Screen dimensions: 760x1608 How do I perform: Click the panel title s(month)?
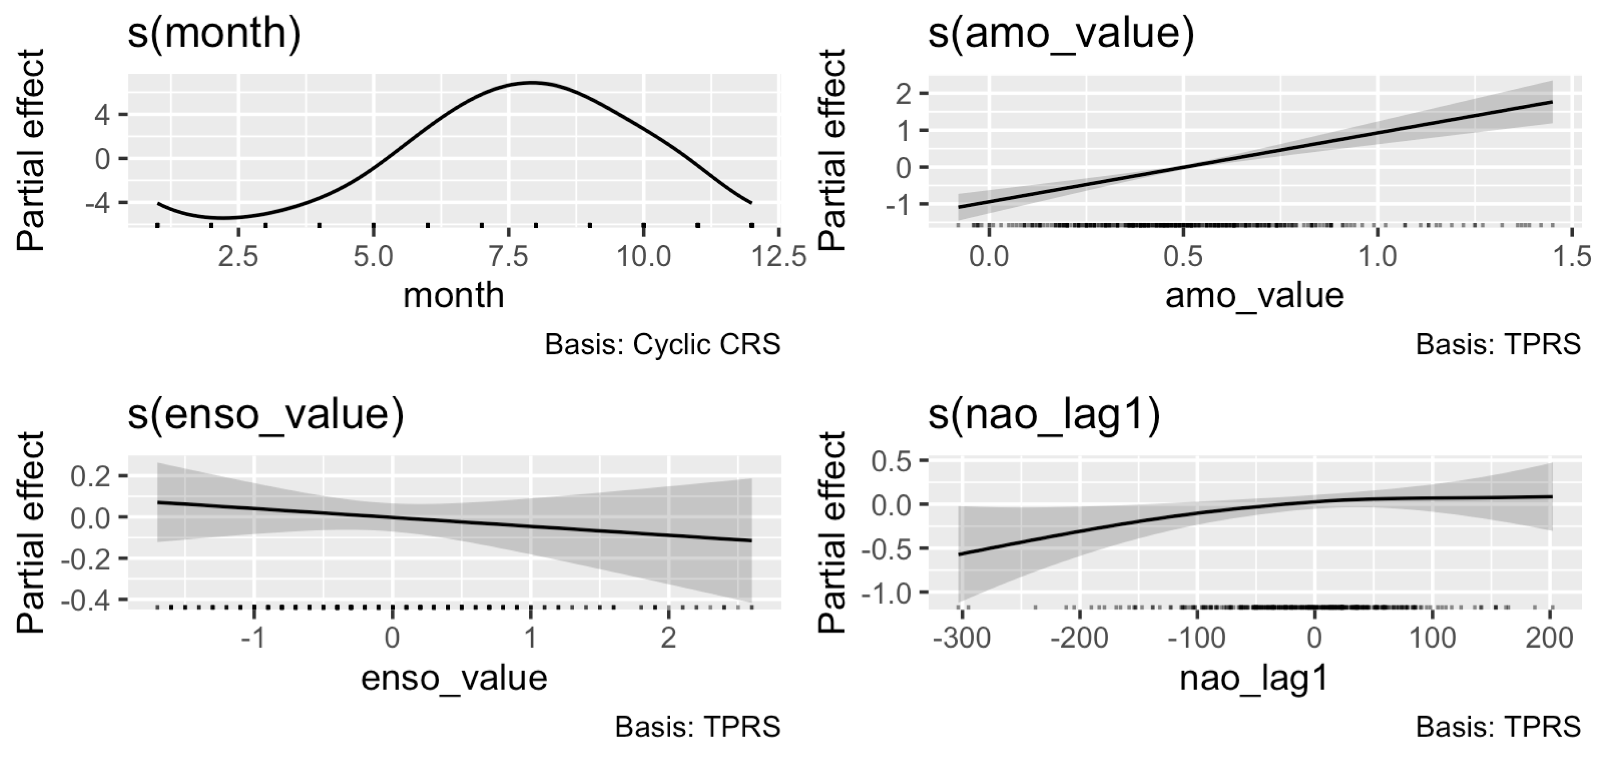[214, 32]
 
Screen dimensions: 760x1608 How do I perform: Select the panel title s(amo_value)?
[1060, 32]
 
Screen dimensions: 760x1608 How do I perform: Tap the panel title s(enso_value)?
[266, 415]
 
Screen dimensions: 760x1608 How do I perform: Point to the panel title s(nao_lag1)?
[1044, 415]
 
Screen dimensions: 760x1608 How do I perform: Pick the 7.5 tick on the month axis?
[509, 256]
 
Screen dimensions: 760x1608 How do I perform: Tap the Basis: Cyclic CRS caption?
[662, 344]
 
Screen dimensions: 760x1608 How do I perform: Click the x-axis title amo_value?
[1254, 295]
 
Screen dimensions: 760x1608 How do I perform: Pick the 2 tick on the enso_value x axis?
[668, 638]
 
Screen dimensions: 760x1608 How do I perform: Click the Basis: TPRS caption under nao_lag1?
[1497, 727]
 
